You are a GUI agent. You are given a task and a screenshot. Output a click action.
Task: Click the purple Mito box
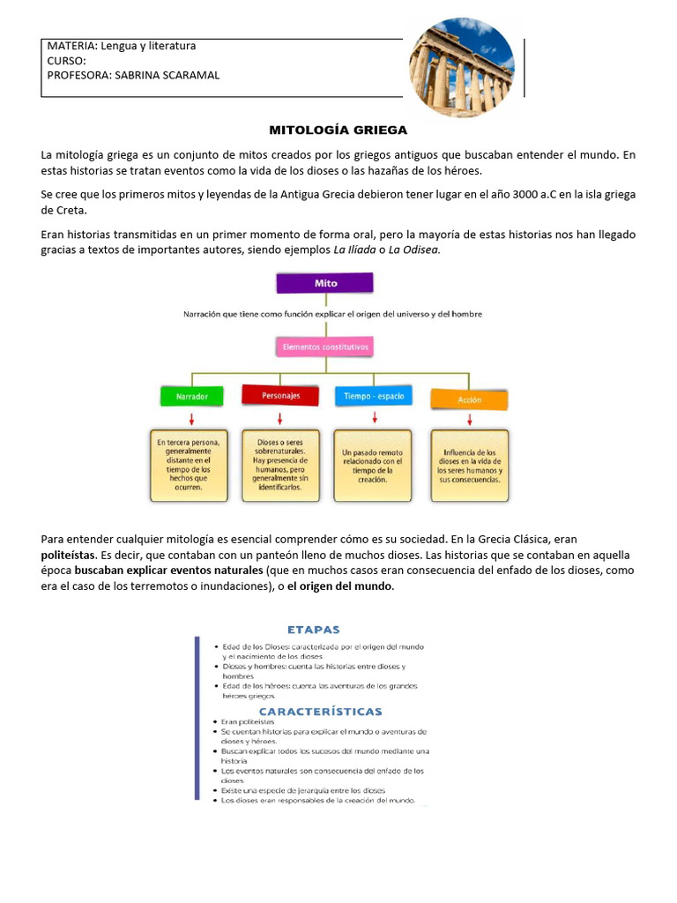pos(324,283)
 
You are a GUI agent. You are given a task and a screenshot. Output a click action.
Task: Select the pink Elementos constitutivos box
pos(324,347)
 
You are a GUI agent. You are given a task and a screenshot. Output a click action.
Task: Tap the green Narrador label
pos(191,397)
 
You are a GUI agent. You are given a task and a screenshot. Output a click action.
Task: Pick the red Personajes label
pos(279,396)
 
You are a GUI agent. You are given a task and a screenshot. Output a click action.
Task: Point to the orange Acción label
pos(469,399)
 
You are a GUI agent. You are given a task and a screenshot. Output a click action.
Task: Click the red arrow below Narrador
pos(191,418)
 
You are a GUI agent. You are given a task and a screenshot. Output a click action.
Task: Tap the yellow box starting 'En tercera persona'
pos(191,465)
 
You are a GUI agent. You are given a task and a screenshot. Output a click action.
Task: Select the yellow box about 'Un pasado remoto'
pos(372,465)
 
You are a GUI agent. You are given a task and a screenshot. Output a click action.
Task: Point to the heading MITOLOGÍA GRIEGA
pos(338,131)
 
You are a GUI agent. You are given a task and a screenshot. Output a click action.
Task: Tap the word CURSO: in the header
pos(66,61)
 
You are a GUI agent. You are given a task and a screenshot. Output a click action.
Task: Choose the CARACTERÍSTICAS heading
pos(320,711)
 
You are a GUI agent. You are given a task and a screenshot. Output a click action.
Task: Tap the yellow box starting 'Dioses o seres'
pos(279,465)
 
